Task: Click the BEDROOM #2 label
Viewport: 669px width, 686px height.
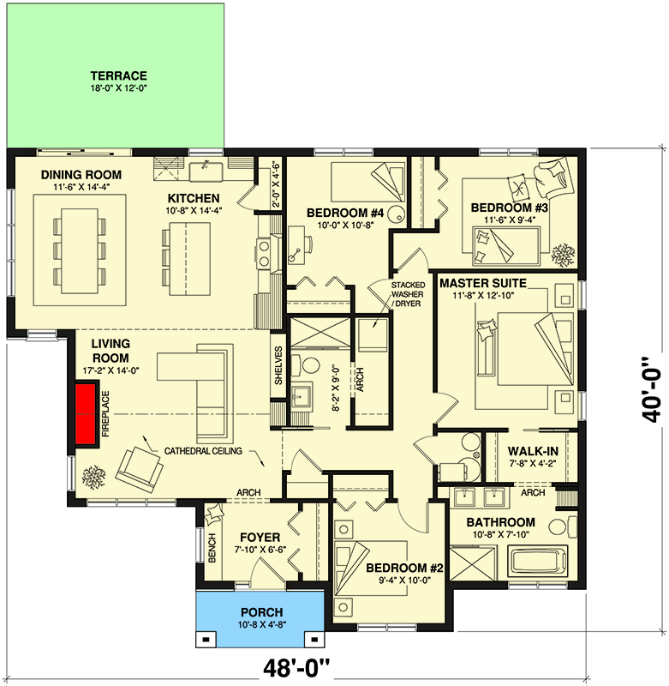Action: tap(399, 568)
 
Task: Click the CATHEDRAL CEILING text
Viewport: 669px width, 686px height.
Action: tap(203, 450)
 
